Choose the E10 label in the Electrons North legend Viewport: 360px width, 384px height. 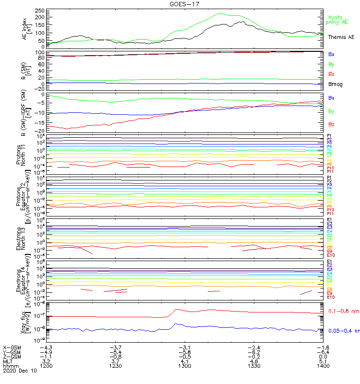tap(330, 255)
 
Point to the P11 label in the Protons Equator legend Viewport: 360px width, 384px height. tap(330, 213)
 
